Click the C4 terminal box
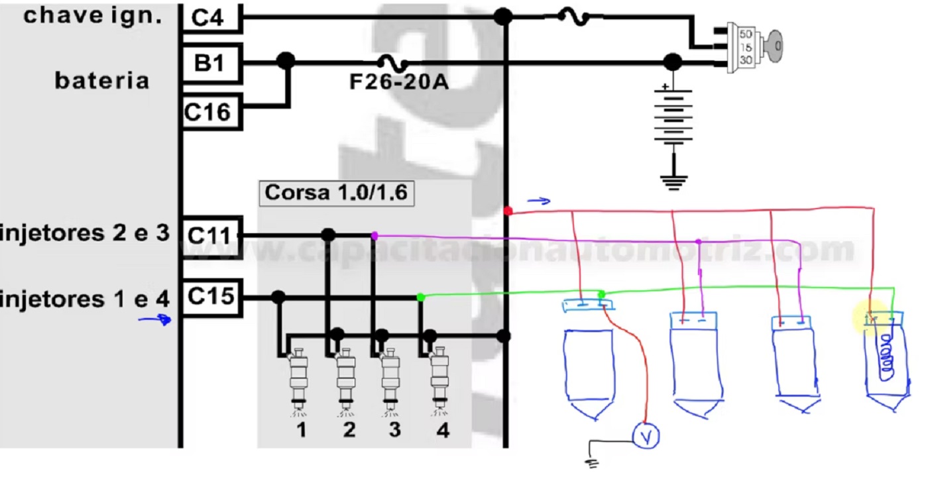211,17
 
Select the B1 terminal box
211,63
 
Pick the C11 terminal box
211,236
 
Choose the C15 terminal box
211,297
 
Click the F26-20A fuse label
399,82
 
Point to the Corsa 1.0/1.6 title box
337,193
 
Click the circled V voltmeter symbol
646,436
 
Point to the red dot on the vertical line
508,211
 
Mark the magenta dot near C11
375,236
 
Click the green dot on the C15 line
421,297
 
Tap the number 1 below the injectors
302,430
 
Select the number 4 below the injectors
443,430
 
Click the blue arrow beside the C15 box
155,319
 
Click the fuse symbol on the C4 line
574,17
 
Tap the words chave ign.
93,17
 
